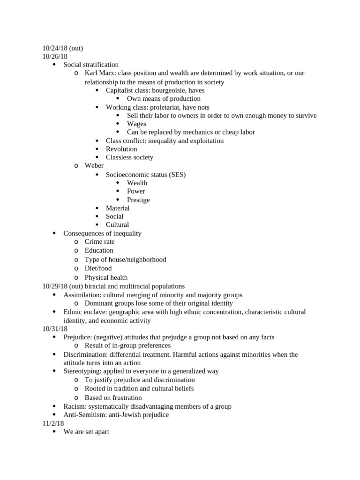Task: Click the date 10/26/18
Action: [55, 56]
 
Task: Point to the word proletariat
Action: [165, 107]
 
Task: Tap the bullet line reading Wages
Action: [136, 124]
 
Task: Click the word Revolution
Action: [121, 149]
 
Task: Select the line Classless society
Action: [129, 157]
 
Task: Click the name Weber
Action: [94, 165]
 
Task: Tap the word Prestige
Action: [138, 200]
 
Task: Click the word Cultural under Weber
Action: [117, 225]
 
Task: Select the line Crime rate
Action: [99, 242]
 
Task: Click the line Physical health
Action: [106, 277]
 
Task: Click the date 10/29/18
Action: [55, 286]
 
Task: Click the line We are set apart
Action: [86, 432]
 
